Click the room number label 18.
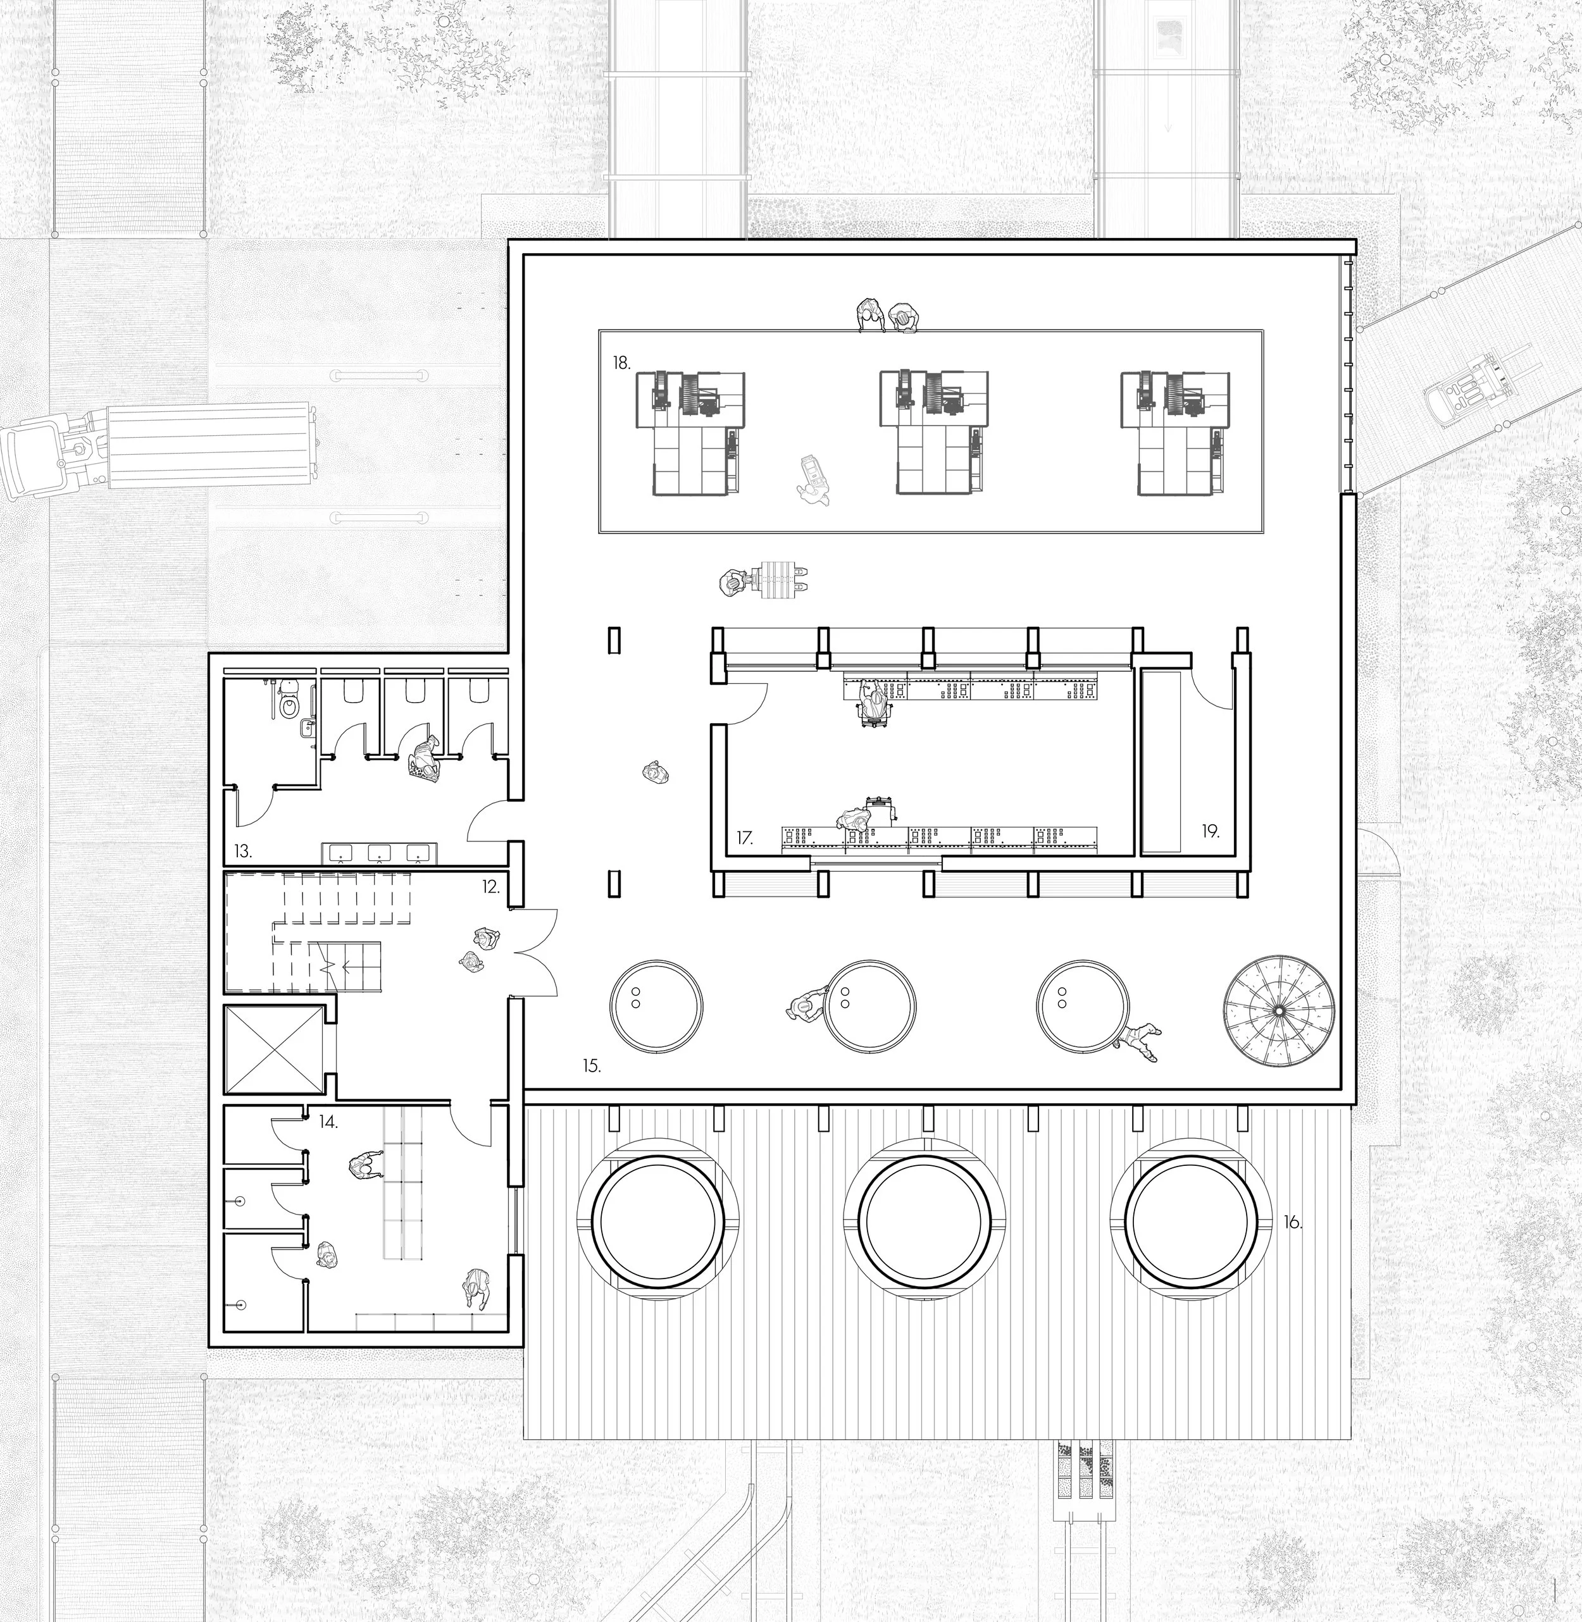(621, 363)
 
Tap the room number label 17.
(744, 839)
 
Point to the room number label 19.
(1210, 831)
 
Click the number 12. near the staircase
(490, 887)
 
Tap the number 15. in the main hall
(591, 1065)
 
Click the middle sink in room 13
(379, 852)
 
